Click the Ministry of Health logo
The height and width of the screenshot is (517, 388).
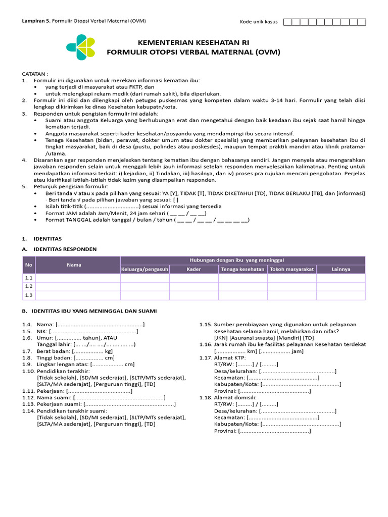pyautogui.click(x=80, y=46)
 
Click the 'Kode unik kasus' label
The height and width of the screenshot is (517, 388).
pyautogui.click(x=258, y=22)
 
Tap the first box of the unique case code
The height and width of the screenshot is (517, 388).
pyautogui.click(x=288, y=22)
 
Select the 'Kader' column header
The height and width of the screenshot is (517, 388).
pyautogui.click(x=194, y=269)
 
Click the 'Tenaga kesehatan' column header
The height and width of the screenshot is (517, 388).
pyautogui.click(x=243, y=269)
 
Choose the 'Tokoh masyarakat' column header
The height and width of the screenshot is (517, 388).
pyautogui.click(x=292, y=269)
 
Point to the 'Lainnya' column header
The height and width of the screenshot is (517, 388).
pyautogui.click(x=341, y=269)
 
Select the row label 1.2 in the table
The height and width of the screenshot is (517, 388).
pyautogui.click(x=28, y=286)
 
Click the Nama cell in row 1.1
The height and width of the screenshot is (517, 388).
pyautogui.click(x=78, y=278)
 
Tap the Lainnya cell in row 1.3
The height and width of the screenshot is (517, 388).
pyautogui.click(x=341, y=295)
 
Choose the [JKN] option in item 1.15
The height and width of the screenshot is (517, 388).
pyautogui.click(x=221, y=338)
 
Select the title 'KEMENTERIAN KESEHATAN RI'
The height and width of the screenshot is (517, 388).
pyautogui.click(x=193, y=42)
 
